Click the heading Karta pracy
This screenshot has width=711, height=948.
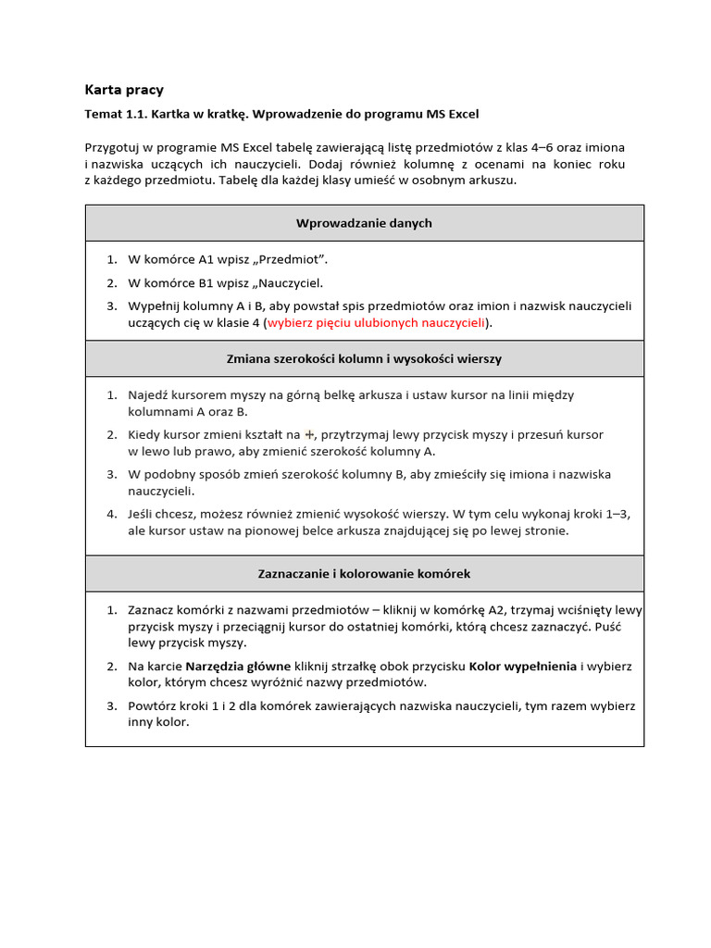point(124,90)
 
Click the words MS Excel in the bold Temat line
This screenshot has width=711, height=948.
point(453,114)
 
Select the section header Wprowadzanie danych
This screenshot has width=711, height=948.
point(364,223)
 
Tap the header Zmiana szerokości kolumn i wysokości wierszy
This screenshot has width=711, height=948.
point(364,358)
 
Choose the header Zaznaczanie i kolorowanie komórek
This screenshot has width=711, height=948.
point(364,574)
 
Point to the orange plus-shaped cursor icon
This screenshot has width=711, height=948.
point(310,434)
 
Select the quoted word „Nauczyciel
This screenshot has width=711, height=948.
point(290,283)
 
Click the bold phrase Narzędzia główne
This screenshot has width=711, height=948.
point(238,666)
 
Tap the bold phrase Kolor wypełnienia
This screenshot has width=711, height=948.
point(523,666)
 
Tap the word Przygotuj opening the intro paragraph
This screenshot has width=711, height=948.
point(114,148)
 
